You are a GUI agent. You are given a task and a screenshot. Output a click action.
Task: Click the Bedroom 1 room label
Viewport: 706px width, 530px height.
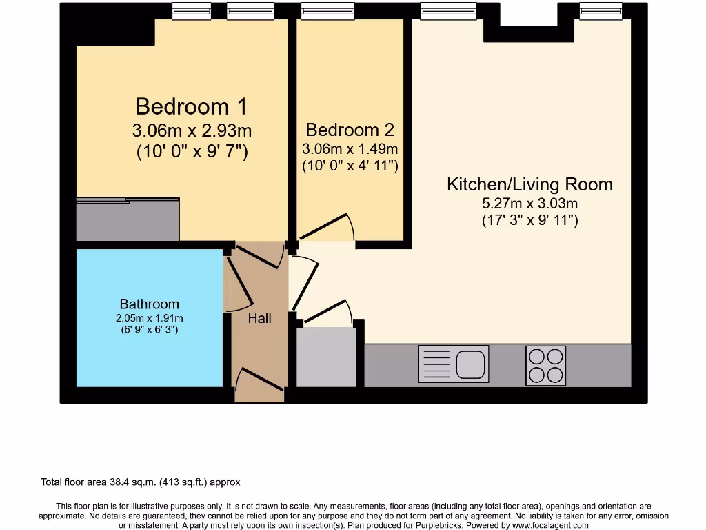pyautogui.click(x=191, y=106)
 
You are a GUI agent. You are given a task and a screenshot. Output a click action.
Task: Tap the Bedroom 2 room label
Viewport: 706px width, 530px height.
pyautogui.click(x=351, y=130)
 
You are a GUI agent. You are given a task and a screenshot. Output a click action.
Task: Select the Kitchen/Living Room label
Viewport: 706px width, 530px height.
pyautogui.click(x=529, y=184)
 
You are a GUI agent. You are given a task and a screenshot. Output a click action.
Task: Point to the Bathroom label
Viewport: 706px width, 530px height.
pyautogui.click(x=149, y=304)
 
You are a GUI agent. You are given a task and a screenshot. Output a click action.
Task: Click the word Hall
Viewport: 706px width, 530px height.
pyautogui.click(x=259, y=318)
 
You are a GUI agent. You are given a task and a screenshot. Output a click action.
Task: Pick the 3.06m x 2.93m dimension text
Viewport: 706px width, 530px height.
pyautogui.click(x=191, y=130)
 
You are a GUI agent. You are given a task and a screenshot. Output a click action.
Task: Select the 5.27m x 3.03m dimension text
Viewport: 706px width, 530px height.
pyautogui.click(x=529, y=204)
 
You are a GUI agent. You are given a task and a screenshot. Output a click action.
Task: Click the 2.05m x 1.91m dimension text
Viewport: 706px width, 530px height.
pyautogui.click(x=149, y=318)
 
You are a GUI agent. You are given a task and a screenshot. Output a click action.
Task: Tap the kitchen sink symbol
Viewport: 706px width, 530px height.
pyautogui.click(x=454, y=364)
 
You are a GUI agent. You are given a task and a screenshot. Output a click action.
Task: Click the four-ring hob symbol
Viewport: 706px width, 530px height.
pyautogui.click(x=545, y=365)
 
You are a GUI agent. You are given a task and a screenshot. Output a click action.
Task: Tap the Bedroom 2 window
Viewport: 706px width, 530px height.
pyautogui.click(x=327, y=11)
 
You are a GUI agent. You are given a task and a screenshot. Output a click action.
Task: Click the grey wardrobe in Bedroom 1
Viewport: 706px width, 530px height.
pyautogui.click(x=128, y=220)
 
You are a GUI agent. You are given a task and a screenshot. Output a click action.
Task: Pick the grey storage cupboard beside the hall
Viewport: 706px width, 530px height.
pyautogui.click(x=325, y=357)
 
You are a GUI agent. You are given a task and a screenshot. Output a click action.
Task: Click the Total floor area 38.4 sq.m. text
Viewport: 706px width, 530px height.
pyautogui.click(x=141, y=482)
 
